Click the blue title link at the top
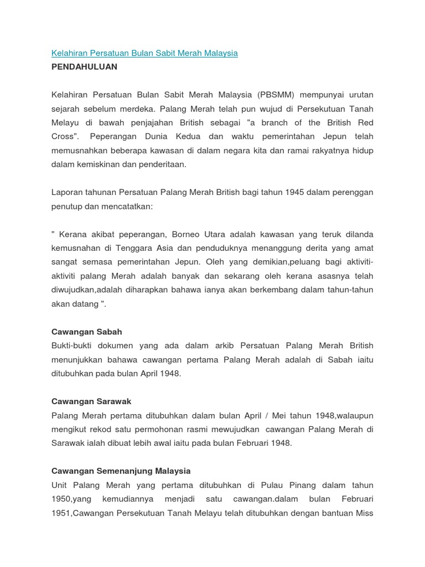pyautogui.click(x=144, y=53)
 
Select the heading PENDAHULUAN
pyautogui.click(x=84, y=66)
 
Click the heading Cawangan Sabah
pyautogui.click(x=86, y=332)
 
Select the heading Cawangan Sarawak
pyautogui.click(x=91, y=401)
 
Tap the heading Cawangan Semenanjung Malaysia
pyautogui.click(x=121, y=471)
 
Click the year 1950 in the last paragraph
pyautogui.click(x=62, y=499)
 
